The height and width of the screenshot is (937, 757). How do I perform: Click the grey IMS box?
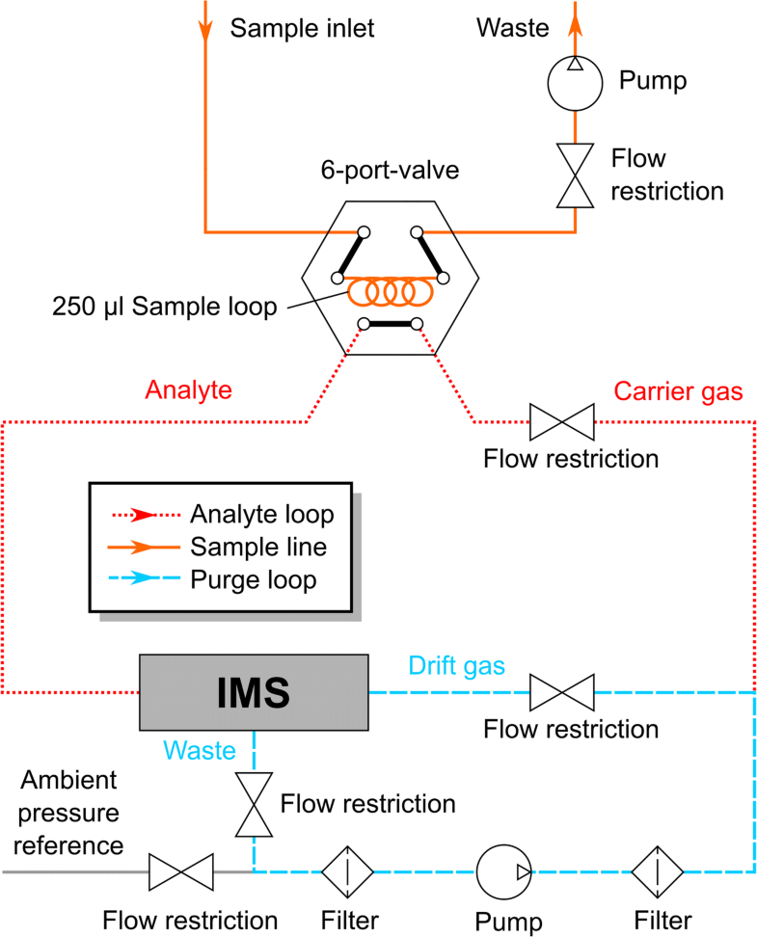pos(254,691)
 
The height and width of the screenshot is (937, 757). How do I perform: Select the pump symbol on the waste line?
pos(575,81)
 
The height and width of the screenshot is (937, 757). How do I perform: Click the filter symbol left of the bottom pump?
pos(347,871)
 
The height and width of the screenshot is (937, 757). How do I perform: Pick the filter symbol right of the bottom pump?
pos(659,871)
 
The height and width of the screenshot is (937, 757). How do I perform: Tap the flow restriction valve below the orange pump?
pos(575,175)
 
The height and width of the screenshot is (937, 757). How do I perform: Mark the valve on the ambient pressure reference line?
pos(181,871)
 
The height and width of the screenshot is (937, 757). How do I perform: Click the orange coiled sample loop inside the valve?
pos(390,289)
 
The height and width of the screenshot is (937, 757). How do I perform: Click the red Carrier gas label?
pos(679,390)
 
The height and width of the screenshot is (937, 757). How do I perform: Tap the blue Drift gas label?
pos(457,665)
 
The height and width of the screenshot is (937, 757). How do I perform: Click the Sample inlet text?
pos(302,28)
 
